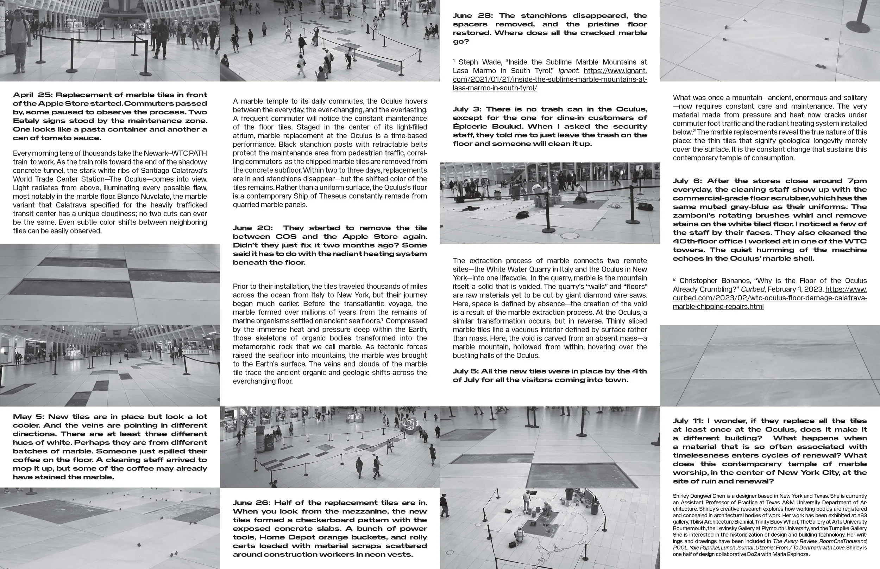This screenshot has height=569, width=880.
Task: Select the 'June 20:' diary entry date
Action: coord(253,228)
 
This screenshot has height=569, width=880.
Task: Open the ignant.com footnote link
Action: coord(550,79)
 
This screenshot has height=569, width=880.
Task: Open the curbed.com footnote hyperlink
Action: coord(769,298)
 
